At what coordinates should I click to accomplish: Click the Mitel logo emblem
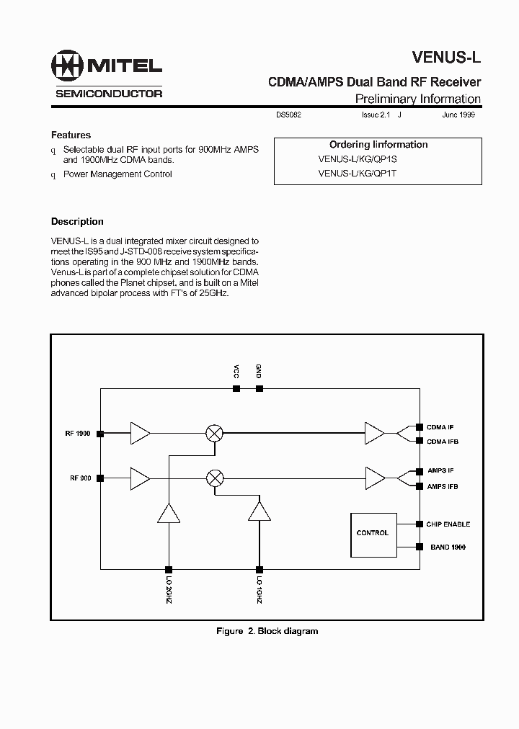click(x=68, y=66)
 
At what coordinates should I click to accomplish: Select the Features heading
click(x=71, y=135)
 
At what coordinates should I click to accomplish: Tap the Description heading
click(x=77, y=222)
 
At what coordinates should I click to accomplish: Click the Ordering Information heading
click(x=378, y=145)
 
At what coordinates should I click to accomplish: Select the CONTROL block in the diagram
click(x=373, y=533)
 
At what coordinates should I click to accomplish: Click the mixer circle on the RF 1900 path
click(x=215, y=433)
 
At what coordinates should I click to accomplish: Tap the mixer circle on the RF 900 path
click(x=215, y=478)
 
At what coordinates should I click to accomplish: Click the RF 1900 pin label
click(x=76, y=434)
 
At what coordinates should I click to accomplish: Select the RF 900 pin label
click(x=79, y=478)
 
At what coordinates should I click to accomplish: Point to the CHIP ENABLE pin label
click(x=448, y=524)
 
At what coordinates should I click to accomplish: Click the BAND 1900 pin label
click(x=448, y=547)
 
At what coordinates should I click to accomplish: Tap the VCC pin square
click(x=236, y=388)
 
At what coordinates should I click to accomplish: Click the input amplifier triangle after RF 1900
click(x=139, y=433)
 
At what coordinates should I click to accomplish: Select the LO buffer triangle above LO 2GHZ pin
click(x=168, y=513)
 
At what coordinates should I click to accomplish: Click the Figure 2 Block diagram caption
click(x=267, y=631)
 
